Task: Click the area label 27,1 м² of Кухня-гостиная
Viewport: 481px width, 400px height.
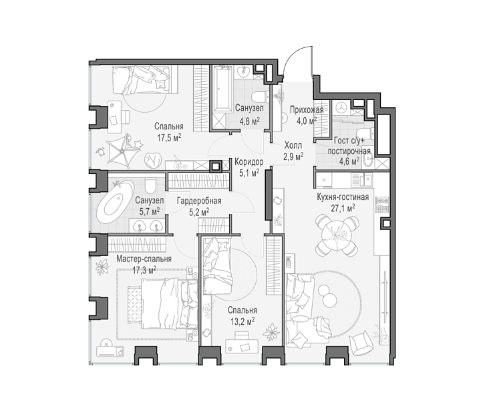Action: tap(343, 208)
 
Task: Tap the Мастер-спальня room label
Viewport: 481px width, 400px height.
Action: tap(144, 259)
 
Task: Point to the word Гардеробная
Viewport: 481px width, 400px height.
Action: tap(199, 201)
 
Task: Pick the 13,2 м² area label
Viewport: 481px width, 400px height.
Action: tap(243, 321)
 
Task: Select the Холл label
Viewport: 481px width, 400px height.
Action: tap(293, 145)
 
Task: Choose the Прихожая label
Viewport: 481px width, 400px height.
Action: tap(307, 109)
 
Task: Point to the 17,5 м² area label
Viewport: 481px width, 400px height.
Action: tap(169, 137)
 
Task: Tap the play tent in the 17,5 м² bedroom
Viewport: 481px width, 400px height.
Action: tap(124, 149)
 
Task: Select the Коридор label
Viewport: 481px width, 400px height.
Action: tap(249, 161)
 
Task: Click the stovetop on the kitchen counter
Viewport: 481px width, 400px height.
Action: tap(381, 205)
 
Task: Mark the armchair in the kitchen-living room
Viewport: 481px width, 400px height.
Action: tap(361, 343)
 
